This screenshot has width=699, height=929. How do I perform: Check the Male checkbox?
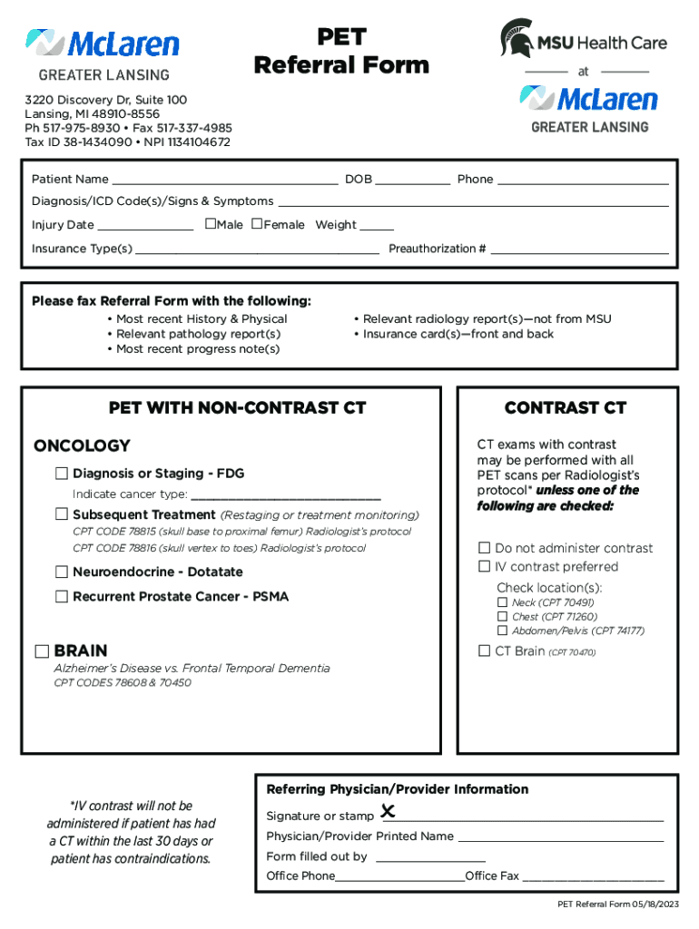211,224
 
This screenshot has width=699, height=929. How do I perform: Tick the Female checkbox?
257,224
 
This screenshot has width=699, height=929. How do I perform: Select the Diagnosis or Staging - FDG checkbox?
62,474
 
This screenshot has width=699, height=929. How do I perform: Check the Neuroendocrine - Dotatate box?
62,572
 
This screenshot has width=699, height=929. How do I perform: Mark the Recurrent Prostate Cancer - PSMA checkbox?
62,596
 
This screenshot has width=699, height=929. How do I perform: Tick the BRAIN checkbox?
43,651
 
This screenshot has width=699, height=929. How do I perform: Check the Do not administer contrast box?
485,547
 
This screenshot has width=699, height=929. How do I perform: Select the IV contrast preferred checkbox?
485,566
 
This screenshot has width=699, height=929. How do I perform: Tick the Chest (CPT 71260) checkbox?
502,616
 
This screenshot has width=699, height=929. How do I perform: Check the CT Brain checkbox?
485,650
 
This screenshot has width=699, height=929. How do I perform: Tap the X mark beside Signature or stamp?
388,811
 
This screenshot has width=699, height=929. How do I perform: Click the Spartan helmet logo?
517,37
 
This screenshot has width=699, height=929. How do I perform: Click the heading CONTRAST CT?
566,408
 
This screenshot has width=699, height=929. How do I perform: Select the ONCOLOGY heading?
82,445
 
